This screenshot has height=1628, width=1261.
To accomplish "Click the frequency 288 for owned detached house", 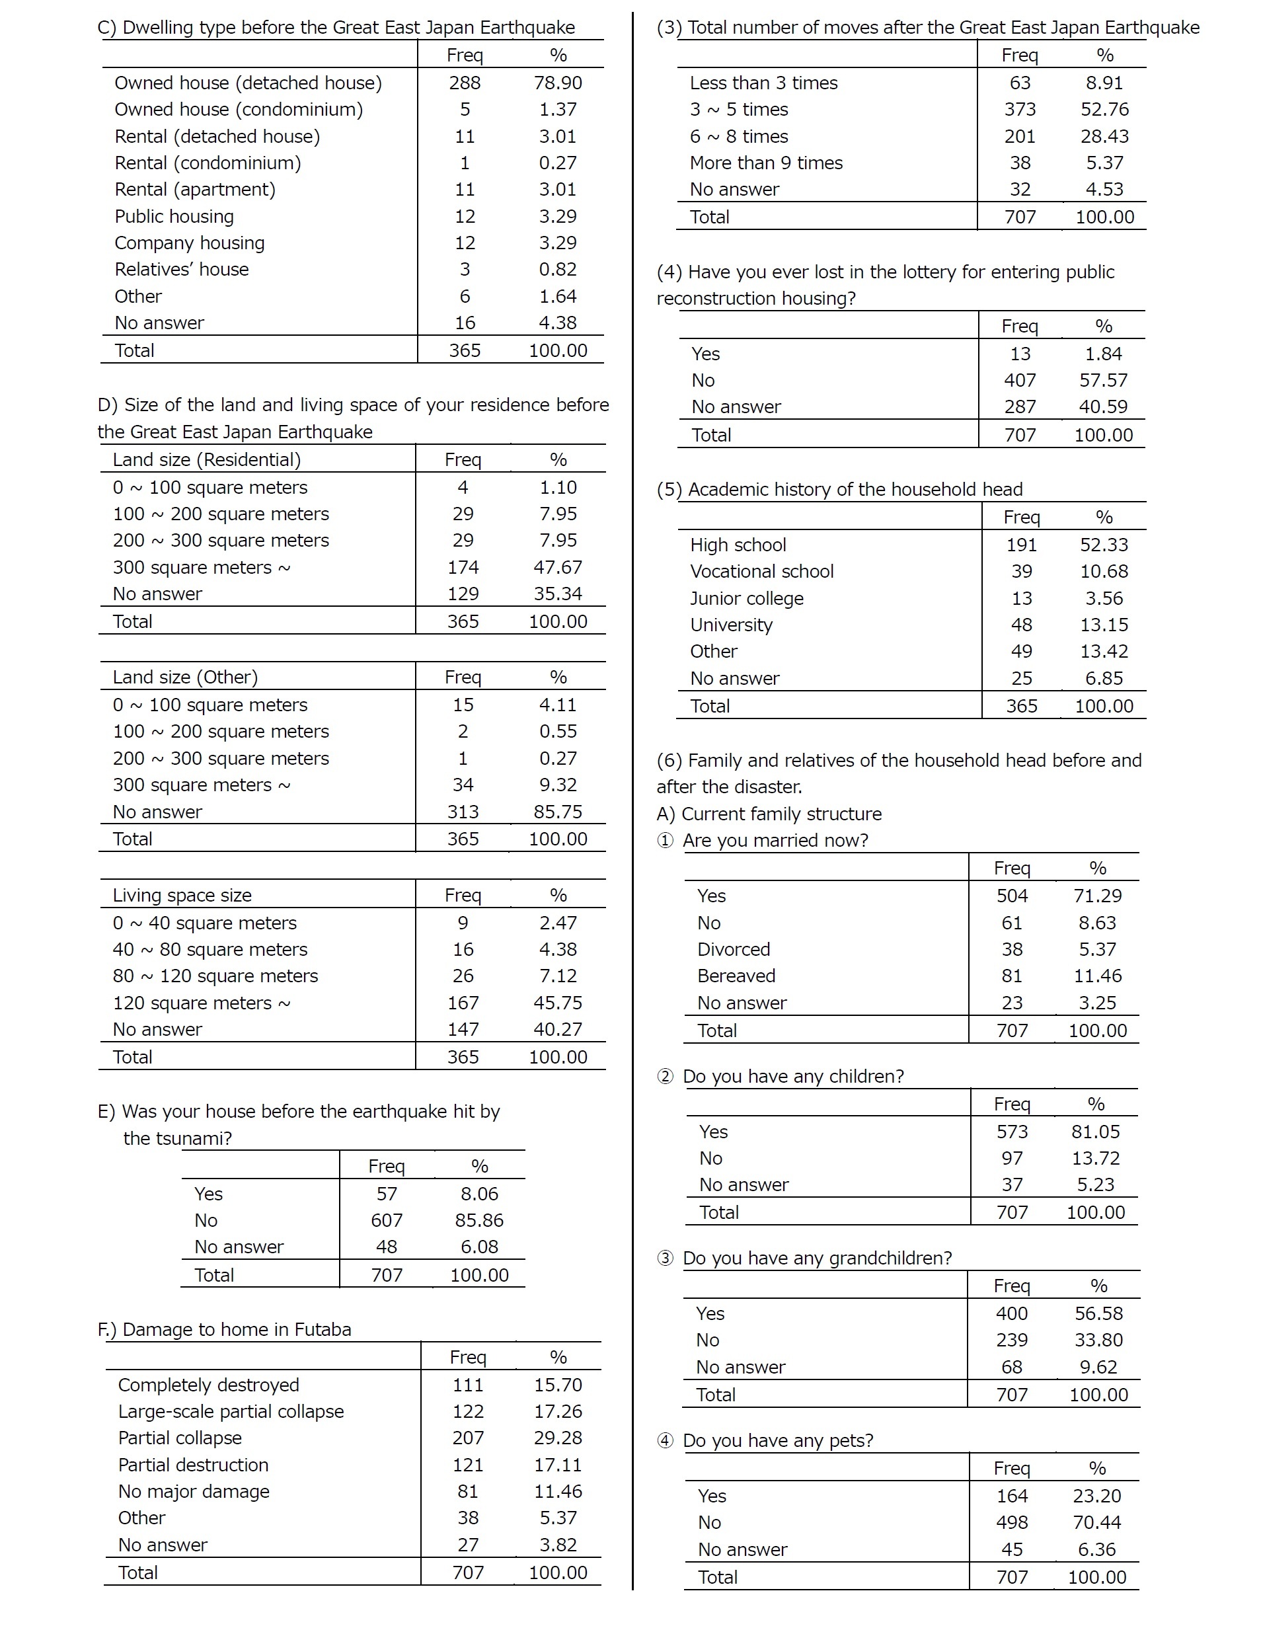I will pos(465,83).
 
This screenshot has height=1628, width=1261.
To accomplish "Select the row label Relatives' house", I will pos(181,269).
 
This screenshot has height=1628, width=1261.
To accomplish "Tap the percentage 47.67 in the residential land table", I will pos(557,567).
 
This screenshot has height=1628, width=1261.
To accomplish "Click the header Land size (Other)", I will pos(185,677).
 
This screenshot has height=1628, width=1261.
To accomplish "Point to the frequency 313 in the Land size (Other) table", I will pos(463,812).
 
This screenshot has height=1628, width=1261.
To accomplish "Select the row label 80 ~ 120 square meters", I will pos(215,976).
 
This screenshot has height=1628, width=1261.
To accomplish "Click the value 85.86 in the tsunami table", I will pos(479,1220).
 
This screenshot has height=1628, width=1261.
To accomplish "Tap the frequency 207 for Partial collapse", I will pos(467,1437).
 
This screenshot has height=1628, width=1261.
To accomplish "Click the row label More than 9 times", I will pos(766,163).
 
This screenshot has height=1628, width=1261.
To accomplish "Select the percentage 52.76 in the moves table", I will pos(1104,110).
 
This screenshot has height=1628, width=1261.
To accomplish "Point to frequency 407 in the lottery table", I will pos(1020,380).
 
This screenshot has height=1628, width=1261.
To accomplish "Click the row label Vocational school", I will pos(761,571).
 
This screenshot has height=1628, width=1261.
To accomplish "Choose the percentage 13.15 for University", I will pos(1104,625).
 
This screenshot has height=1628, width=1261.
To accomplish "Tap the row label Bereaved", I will pos(736,976).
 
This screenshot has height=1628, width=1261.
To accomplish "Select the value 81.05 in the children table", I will pos(1096,1132).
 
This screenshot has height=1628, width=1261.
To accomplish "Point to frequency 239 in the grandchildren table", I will pos(1011,1340).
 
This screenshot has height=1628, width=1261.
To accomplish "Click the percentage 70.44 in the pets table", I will pos(1097,1522).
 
